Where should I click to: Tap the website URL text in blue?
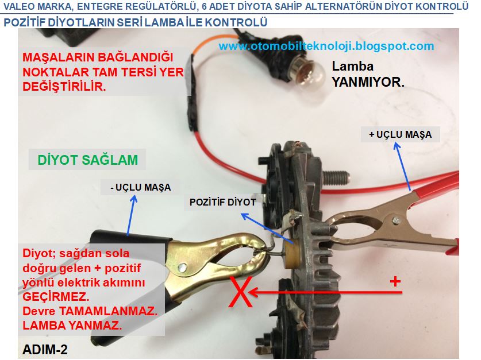coord(326,46)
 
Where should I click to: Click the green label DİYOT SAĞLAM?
coord(88,160)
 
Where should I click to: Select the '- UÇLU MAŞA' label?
coord(140,187)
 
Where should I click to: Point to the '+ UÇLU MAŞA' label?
coord(401,134)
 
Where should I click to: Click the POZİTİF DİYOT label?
coord(223,202)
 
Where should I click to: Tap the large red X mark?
coord(241,292)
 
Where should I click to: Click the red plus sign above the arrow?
coord(395,281)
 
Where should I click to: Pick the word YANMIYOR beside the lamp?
coord(368,82)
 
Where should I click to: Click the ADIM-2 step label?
coord(45,349)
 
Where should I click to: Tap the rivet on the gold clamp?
coord(183,268)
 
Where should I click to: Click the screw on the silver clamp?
coord(396,220)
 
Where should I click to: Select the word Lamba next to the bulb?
coord(353,66)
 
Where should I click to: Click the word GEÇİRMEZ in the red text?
coord(56,297)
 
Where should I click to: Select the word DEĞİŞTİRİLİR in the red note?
coord(64,86)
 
